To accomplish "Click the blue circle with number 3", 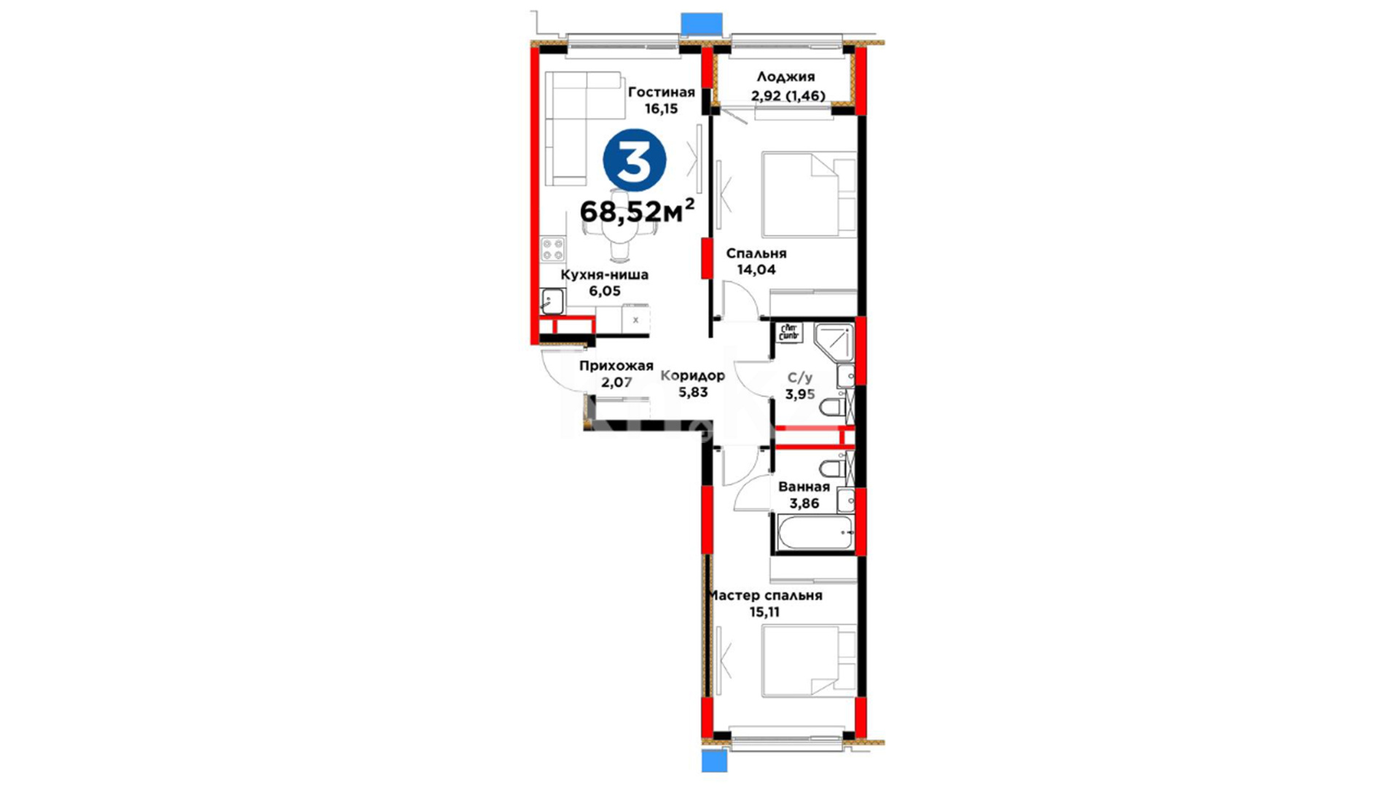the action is pos(634,160).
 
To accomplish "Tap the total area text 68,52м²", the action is pos(637,211).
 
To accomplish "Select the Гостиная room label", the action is pos(662,93).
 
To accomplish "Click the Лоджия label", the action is pos(785,77).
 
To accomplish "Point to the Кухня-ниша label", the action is pos(604,275).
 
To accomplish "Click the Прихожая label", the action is pos(616,366).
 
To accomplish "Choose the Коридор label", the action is pos(692,375).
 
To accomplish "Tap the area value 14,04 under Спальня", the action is pos(756,270).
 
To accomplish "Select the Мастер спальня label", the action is pos(765,595).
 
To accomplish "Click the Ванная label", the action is pos(804,487).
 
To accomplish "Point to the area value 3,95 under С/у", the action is pos(799,394).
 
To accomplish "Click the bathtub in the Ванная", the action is pos(815,533).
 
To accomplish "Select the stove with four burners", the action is pos(552,250).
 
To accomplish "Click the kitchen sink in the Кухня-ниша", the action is pos(552,301).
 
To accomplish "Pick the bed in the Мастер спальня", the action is pos(809,660).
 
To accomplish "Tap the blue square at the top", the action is pos(702,23).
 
